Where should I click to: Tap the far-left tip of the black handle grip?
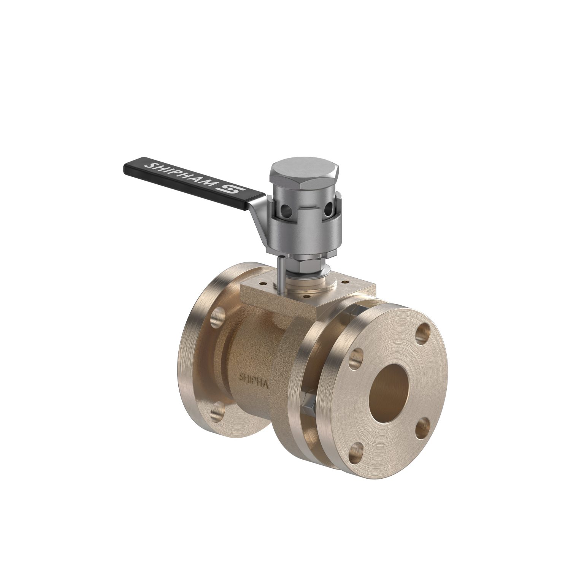coord(125,167)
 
